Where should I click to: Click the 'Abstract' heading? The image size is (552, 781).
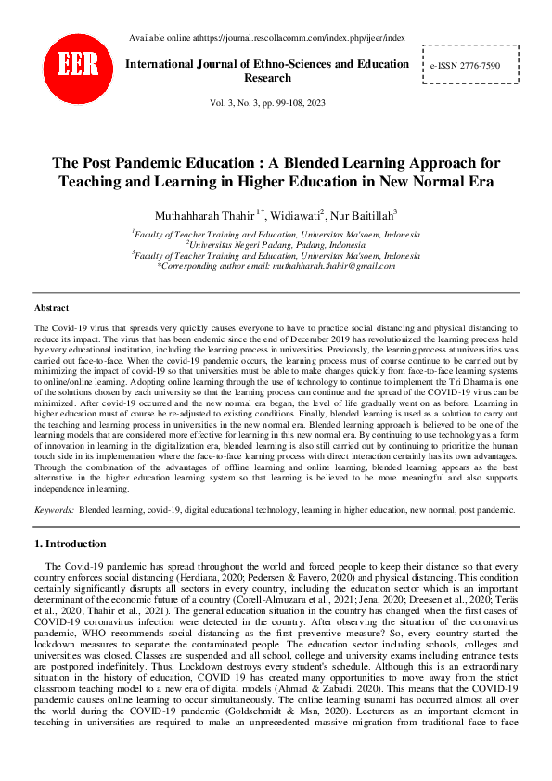point(51,306)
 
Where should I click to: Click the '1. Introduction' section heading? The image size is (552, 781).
point(71,544)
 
